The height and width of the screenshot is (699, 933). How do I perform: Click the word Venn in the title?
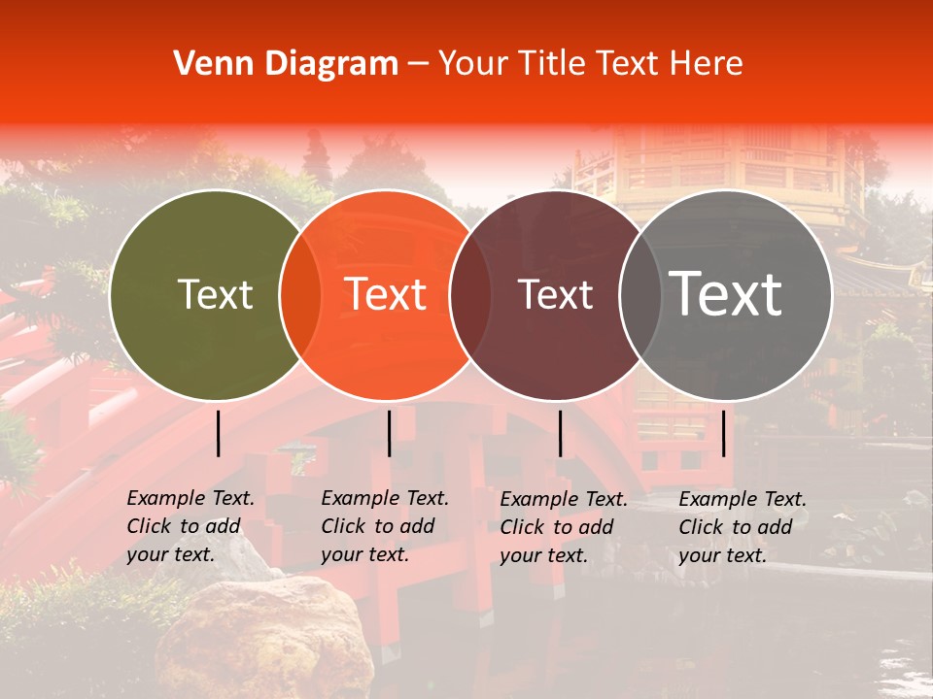point(202,64)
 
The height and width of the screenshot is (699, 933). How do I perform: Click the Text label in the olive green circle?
point(215,294)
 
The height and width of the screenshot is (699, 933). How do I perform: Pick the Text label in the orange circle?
point(386,294)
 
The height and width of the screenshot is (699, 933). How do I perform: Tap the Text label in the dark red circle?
point(555,294)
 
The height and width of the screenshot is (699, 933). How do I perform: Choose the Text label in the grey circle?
point(726,294)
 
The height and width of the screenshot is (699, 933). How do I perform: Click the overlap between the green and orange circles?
point(300,294)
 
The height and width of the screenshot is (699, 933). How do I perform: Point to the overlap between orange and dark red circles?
point(470,294)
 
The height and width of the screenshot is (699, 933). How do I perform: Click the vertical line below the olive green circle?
point(219,433)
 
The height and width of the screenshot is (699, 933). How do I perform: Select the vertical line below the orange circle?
point(389,433)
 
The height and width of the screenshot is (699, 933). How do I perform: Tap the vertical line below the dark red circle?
point(560,433)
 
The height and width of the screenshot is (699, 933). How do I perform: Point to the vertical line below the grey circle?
point(723,433)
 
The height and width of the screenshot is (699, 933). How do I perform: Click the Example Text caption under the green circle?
point(190,526)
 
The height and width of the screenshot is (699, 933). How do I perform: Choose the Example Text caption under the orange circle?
point(385,526)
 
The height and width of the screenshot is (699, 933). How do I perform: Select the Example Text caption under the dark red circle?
point(564,527)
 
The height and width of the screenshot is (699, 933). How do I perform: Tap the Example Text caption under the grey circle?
point(743,527)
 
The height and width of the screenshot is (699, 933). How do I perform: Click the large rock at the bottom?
point(262,641)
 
